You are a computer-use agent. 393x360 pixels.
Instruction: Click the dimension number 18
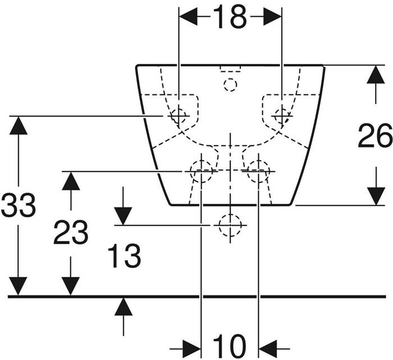[230, 17]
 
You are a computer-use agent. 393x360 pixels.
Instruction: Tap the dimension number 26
[375, 136]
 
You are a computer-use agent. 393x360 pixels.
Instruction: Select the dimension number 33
[18, 205]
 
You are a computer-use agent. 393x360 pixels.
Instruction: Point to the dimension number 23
[70, 233]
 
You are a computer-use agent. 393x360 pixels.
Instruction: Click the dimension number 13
[124, 256]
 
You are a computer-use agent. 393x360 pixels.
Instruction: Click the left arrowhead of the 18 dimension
[188, 17]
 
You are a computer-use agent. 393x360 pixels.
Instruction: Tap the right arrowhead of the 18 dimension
[273, 17]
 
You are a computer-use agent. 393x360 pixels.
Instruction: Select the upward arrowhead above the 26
[376, 75]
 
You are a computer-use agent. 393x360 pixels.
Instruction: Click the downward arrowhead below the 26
[376, 196]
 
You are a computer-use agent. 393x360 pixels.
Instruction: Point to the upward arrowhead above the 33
[18, 126]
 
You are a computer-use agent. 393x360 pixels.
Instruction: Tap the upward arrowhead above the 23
[71, 181]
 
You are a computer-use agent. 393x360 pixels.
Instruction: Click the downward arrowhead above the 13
[123, 216]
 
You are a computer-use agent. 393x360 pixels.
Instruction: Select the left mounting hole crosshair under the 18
[179, 116]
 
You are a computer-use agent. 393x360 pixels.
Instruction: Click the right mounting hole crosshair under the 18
[282, 116]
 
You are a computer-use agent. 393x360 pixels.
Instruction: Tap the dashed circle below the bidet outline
[230, 225]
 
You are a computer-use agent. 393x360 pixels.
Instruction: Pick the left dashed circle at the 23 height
[201, 171]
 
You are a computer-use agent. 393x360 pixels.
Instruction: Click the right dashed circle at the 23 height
[258, 171]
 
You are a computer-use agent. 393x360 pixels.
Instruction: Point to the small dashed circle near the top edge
[230, 85]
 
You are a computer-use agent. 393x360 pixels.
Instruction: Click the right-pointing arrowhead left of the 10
[192, 349]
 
